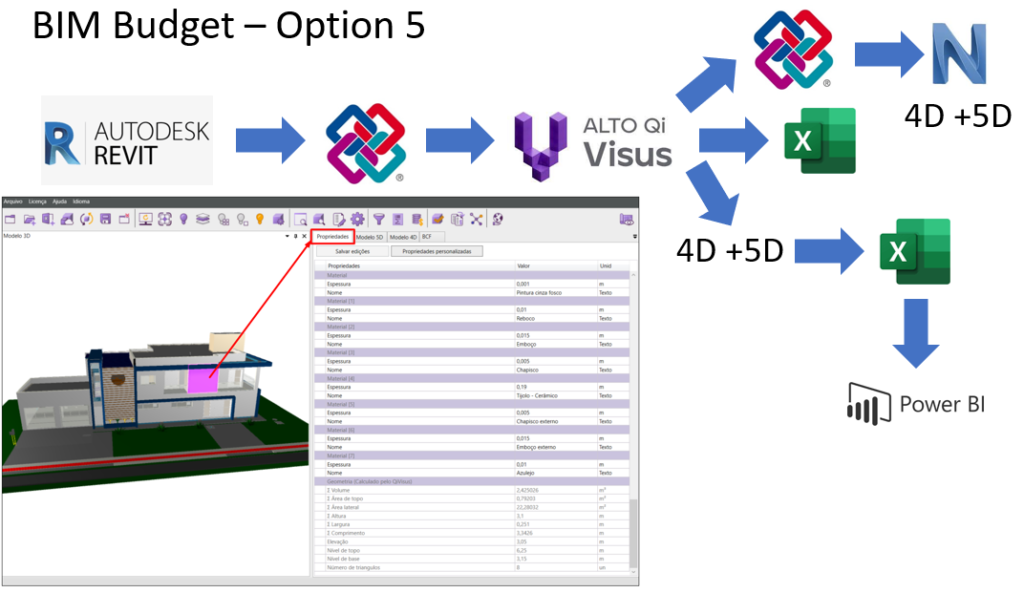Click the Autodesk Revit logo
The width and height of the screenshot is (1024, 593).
pos(127,140)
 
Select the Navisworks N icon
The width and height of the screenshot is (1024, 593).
pos(960,54)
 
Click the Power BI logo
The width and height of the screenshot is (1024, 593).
pos(916,404)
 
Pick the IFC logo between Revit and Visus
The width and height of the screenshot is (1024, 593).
pos(365,141)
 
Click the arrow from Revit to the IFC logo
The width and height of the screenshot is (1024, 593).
pos(269,139)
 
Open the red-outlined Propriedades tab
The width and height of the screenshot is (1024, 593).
pos(333,237)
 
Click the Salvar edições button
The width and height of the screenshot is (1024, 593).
pos(352,252)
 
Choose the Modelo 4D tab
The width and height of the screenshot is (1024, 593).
pos(403,237)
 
